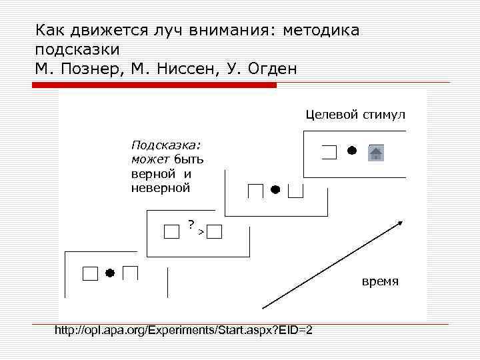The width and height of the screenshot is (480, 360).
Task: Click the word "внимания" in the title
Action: tap(227, 31)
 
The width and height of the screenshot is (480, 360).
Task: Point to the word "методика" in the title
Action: tap(321, 31)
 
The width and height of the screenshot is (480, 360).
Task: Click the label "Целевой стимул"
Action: tap(355, 114)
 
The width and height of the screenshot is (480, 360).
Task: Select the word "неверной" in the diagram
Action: tap(161, 188)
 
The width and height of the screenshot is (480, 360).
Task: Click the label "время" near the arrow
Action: tap(380, 281)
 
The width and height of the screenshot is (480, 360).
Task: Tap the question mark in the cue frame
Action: tap(191, 223)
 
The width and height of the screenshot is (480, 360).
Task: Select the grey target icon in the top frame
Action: tap(376, 153)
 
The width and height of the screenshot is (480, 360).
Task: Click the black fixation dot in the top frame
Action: tap(351, 150)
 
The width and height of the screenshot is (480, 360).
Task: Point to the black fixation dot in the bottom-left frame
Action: tap(110, 273)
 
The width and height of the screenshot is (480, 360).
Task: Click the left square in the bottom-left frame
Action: tap(89, 273)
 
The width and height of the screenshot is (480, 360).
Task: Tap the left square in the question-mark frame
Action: tap(171, 231)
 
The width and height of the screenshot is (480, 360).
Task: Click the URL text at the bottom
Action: tap(183, 331)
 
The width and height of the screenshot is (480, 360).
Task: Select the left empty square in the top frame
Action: tap(329, 153)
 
